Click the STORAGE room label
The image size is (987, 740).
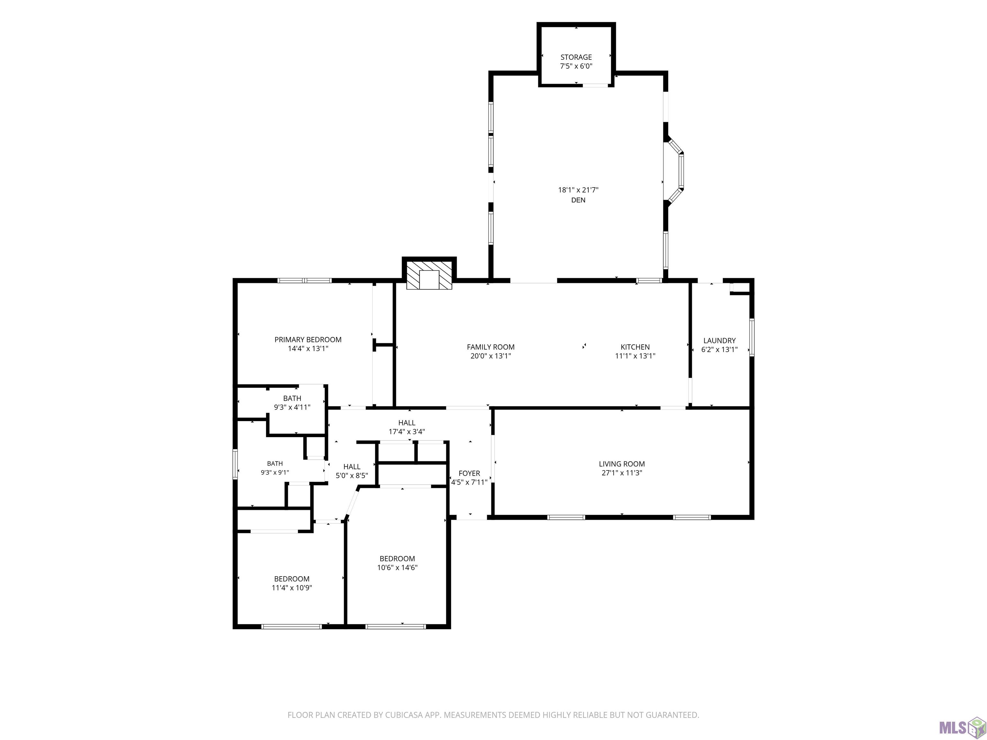(576, 57)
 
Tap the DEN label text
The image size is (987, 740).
(578, 200)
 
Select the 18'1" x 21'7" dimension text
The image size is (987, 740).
(578, 189)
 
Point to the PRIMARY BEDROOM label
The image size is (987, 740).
(308, 339)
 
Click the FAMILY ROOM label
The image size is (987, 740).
(491, 347)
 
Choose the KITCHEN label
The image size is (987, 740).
(635, 347)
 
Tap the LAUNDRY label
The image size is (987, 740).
(719, 340)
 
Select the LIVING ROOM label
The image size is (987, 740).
(622, 464)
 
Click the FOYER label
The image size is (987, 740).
(469, 473)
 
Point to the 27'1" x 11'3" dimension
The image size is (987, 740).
(622, 473)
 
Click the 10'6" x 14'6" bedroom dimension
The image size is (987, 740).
(397, 568)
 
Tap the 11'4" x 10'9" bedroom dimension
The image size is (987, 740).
(292, 588)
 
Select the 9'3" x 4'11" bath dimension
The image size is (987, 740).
(292, 407)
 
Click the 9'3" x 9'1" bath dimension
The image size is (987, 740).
(275, 472)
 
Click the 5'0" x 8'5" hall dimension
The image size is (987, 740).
(351, 475)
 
